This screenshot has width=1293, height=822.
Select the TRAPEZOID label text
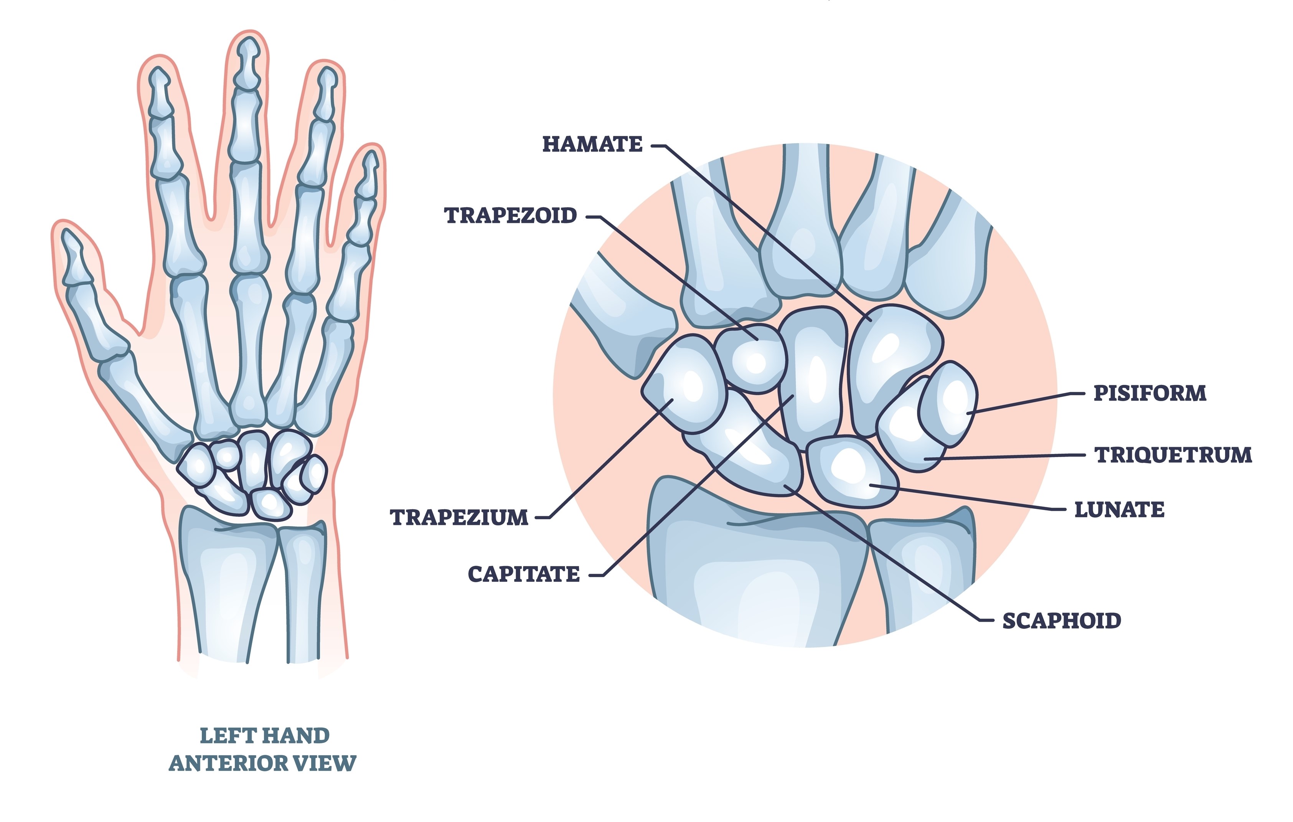(510, 215)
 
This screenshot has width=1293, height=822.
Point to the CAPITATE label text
(524, 574)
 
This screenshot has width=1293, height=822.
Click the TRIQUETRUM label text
(1173, 455)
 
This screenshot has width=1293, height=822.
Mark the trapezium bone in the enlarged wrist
(684, 384)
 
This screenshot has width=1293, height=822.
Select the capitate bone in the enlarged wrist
(813, 376)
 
